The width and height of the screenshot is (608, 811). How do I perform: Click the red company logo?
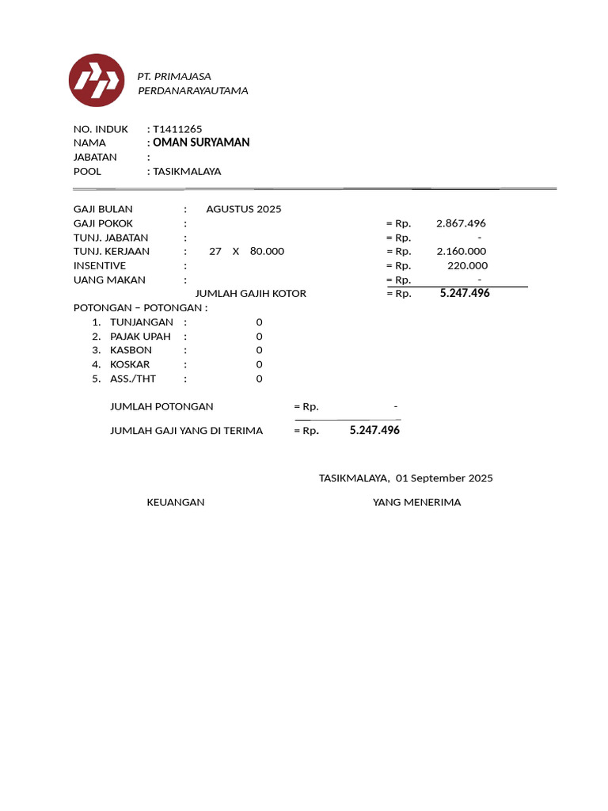click(97, 80)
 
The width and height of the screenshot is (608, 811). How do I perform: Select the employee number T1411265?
click(183, 128)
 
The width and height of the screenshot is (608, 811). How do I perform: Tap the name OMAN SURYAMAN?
click(201, 143)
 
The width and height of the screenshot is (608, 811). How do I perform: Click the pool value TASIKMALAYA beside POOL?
click(187, 171)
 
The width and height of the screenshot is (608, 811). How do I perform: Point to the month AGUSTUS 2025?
click(244, 209)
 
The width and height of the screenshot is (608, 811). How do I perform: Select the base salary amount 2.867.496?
click(461, 223)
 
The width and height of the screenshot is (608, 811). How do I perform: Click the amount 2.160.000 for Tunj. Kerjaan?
click(461, 251)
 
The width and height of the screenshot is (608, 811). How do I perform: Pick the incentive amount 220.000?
click(467, 265)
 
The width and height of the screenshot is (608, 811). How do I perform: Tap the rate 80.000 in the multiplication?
click(267, 251)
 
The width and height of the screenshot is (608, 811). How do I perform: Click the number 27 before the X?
click(215, 251)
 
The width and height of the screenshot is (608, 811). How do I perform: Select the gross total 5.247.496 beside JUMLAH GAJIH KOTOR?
click(465, 293)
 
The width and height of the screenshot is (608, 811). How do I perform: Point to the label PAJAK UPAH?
click(140, 336)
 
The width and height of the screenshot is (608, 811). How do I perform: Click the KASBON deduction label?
click(131, 350)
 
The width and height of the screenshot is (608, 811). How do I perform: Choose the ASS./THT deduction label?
click(133, 379)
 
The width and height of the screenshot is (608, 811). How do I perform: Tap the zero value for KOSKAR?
click(259, 364)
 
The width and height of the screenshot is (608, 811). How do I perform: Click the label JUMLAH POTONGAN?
click(161, 406)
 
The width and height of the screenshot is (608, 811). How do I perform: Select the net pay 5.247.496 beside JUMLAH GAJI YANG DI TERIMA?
click(374, 430)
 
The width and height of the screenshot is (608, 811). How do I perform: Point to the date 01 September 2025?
click(444, 478)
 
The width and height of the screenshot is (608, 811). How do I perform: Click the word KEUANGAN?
click(176, 502)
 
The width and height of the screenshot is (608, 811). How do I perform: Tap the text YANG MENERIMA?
click(416, 502)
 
